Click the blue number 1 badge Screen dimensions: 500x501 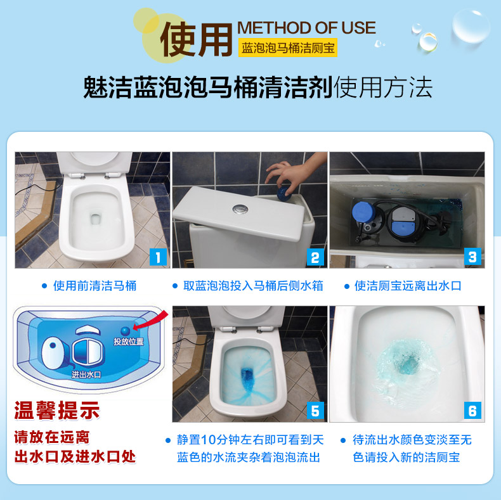(158, 257)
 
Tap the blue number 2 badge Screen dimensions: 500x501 (315, 257)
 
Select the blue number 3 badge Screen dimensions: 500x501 (472, 257)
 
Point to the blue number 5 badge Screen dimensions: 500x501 (315, 411)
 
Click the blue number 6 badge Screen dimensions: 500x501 (472, 411)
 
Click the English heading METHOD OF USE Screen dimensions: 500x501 (306, 28)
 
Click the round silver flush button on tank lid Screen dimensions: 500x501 (239, 208)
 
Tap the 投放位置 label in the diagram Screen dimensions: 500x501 (128, 342)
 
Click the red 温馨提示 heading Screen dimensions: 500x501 (57, 411)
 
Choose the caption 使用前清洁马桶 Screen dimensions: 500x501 (94, 286)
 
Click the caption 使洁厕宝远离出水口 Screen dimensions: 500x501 (408, 286)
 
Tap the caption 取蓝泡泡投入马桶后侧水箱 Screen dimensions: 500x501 (253, 286)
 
